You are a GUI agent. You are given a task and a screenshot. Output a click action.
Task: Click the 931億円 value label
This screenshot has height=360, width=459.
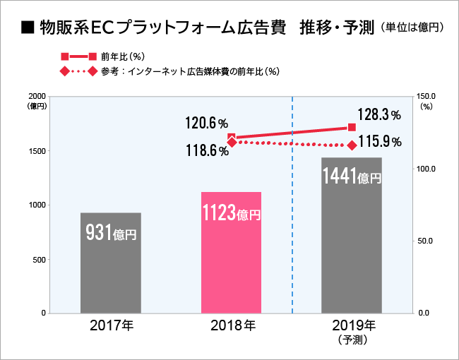(x=110, y=232)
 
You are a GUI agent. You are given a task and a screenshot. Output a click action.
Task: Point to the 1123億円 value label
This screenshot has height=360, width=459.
(x=231, y=212)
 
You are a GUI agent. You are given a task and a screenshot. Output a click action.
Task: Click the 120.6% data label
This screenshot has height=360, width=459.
(x=207, y=124)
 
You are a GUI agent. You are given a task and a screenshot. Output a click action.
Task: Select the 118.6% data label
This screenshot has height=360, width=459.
(x=207, y=150)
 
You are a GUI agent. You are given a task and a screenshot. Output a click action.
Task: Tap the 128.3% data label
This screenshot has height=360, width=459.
(x=379, y=114)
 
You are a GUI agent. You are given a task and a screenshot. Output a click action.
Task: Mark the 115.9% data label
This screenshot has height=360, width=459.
(x=380, y=142)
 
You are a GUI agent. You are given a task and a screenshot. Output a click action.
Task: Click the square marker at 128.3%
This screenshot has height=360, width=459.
(x=352, y=127)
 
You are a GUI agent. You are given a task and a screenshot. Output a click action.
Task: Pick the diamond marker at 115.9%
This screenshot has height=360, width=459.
(x=352, y=145)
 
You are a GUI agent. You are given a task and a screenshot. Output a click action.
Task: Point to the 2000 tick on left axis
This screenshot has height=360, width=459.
(x=37, y=96)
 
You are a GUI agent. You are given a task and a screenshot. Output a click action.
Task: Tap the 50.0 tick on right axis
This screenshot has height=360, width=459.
(x=427, y=241)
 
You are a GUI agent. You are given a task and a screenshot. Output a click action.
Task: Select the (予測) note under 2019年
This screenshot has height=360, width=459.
(x=352, y=340)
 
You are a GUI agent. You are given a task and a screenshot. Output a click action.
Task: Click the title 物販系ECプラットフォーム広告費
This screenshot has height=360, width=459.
(x=162, y=28)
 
